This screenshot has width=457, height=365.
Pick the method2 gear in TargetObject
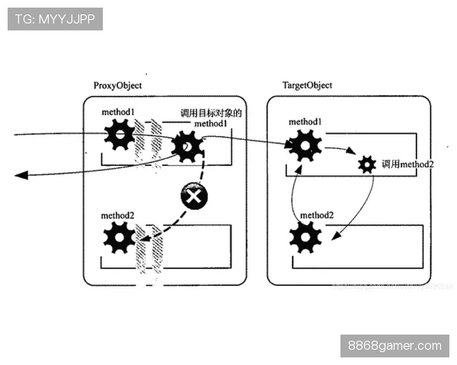tap(305, 236)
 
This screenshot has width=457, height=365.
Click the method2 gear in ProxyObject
tap(119, 237)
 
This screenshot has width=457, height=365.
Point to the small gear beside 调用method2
tap(367, 163)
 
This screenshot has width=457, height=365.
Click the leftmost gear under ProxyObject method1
tap(120, 136)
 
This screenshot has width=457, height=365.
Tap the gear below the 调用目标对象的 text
tap(187, 145)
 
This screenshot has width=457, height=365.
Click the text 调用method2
tap(407, 164)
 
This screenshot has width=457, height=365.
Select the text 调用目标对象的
tap(210, 113)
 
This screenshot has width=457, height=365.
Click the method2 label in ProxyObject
tap(117, 216)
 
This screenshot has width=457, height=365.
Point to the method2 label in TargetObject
tap(316, 215)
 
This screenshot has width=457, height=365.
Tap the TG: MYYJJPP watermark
tap(55, 18)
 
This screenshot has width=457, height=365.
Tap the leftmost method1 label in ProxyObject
tap(117, 113)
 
